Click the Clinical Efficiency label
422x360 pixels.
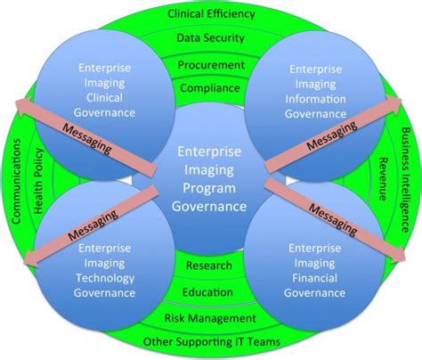coord(211,13)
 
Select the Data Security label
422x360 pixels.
coord(211,40)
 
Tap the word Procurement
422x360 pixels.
coord(211,65)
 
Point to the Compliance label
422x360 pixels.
coord(211,88)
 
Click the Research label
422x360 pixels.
coord(210,266)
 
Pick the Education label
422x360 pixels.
coord(210,292)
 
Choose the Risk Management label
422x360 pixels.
coord(210,317)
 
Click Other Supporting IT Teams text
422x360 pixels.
coord(210,341)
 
